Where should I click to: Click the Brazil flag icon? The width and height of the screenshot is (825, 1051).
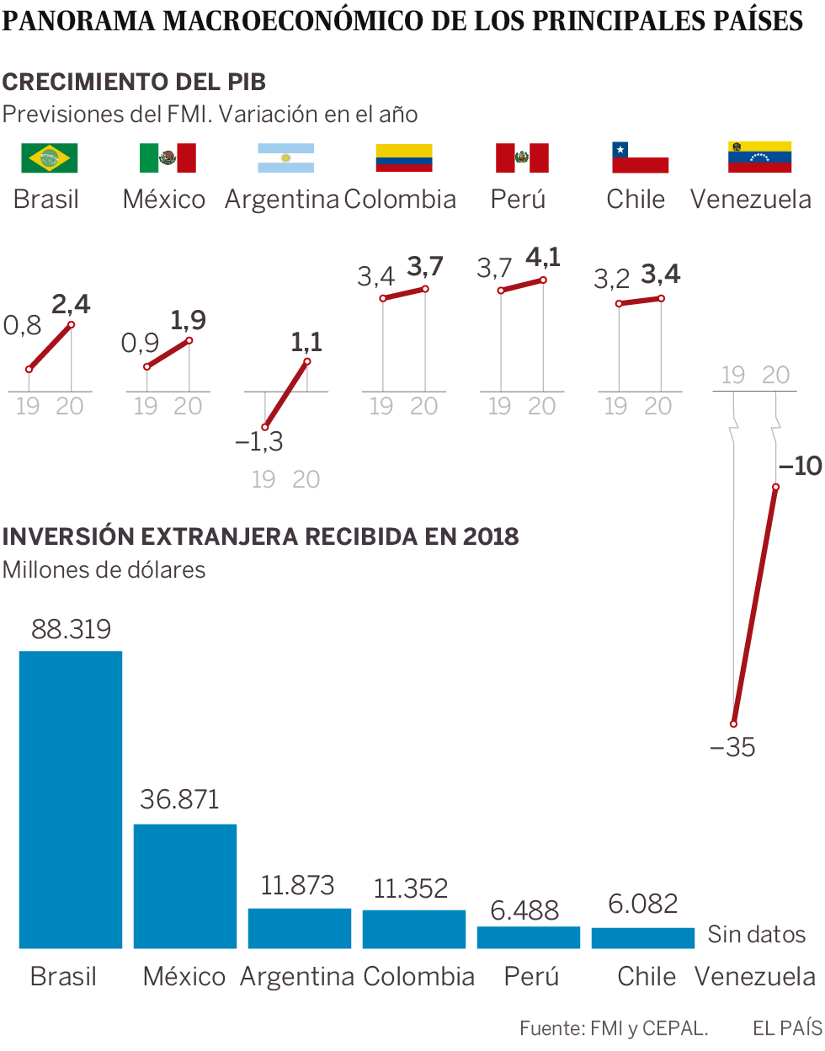coord(49,157)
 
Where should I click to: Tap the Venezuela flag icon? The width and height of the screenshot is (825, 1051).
coord(759,157)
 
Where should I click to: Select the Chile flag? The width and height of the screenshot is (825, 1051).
coord(640,157)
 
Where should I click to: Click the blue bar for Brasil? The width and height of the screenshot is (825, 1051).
coord(71,799)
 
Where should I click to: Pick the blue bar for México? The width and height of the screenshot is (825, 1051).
coord(185,886)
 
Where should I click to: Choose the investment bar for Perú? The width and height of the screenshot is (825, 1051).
coord(529,937)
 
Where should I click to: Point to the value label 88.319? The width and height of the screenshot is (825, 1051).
coord(71,629)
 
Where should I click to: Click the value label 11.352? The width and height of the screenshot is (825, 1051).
coord(411,888)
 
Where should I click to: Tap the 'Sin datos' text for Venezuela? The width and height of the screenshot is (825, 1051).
coord(756,934)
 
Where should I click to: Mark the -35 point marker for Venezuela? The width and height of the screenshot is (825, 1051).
coord(734,723)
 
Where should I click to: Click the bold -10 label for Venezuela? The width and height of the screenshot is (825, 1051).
coord(800,466)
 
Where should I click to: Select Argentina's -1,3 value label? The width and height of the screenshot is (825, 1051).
coord(258,441)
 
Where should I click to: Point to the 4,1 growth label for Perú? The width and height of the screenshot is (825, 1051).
coord(543,258)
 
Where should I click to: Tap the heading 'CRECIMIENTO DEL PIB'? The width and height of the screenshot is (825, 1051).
coord(134,82)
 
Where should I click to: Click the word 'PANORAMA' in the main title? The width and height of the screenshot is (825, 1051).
coord(79,21)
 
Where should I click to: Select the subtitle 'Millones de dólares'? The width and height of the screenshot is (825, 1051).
coord(104,570)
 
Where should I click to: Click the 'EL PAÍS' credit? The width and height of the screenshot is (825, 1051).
coord(787,1027)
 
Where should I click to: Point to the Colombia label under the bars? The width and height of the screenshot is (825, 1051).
coord(419,976)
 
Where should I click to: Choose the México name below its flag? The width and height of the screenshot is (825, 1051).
coord(164,200)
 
